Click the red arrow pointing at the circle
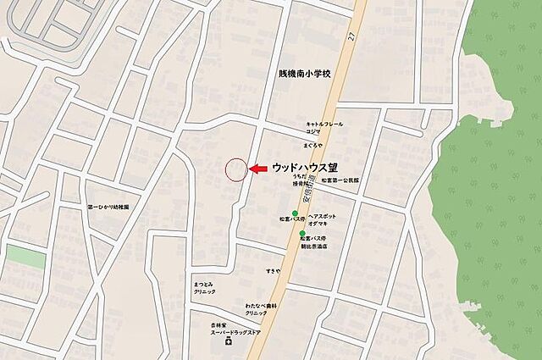click(x=258, y=169)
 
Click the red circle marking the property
click(x=236, y=169)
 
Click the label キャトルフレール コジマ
click(x=324, y=128)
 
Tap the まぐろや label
click(x=314, y=146)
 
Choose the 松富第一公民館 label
click(x=340, y=180)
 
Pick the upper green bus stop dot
click(x=295, y=213)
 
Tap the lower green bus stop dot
click(x=302, y=234)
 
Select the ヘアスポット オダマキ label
click(x=322, y=220)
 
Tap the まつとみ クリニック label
click(x=204, y=287)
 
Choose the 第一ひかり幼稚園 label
click(x=108, y=206)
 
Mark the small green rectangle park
click(x=25, y=258)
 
